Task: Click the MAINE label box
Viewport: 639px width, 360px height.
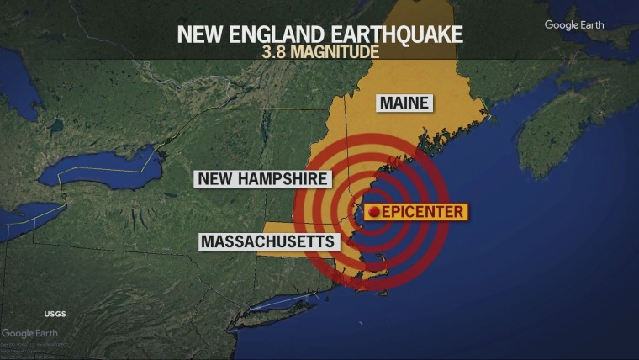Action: pyautogui.click(x=404, y=103)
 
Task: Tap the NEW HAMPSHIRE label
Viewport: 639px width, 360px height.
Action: pyautogui.click(x=262, y=178)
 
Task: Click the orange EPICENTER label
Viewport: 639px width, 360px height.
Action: pyautogui.click(x=416, y=211)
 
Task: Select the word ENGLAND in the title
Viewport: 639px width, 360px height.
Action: pyautogui.click(x=273, y=34)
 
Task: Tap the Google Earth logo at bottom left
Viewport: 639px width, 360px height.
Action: pyautogui.click(x=29, y=333)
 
